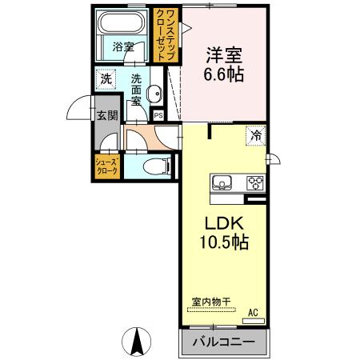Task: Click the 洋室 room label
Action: tap(225, 56)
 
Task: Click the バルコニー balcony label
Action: tap(223, 343)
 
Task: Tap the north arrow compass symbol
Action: tap(138, 342)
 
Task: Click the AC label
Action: tap(252, 312)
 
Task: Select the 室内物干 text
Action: tap(211, 302)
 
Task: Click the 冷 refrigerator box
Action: tap(256, 135)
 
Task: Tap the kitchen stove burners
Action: tap(255, 182)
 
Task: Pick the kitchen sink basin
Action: tap(222, 180)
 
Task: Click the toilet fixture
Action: tap(159, 167)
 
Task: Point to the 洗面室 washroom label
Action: tap(137, 90)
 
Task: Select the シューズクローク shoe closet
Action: tap(108, 166)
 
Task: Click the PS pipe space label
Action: tap(158, 115)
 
